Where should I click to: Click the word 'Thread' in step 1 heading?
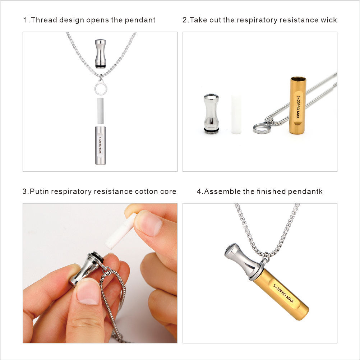(x=44, y=20)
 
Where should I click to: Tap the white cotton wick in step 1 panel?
(x=101, y=110)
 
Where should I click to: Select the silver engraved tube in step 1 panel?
(x=101, y=145)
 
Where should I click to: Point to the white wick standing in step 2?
(x=236, y=114)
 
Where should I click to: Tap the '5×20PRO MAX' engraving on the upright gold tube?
(x=298, y=106)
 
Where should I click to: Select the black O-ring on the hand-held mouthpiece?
(x=97, y=256)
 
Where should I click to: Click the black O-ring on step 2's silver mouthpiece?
(x=211, y=130)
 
